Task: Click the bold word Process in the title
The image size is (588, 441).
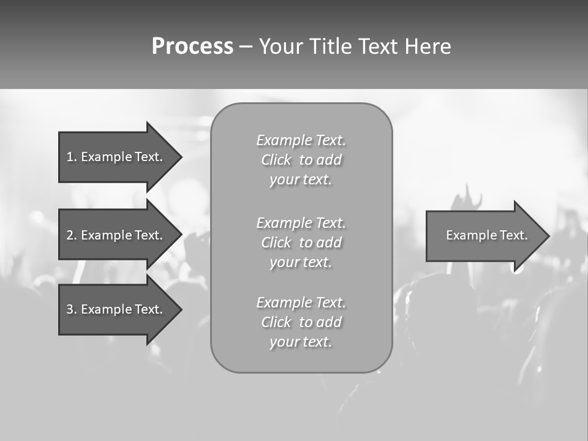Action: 192,47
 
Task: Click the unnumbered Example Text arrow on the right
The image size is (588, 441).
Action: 487,235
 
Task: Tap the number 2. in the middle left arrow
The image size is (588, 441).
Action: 71,235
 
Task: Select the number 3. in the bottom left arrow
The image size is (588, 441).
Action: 71,309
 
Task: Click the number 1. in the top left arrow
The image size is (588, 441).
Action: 71,157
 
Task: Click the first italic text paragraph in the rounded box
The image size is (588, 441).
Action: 301,160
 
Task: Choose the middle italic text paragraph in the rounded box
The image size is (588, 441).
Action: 301,242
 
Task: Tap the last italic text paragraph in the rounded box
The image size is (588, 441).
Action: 301,322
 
